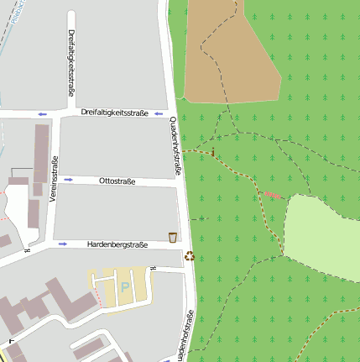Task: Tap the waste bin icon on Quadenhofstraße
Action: (x=173, y=237)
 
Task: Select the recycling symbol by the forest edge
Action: (x=190, y=256)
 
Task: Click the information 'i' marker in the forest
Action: (x=212, y=152)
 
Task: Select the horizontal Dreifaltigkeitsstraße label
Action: (x=115, y=112)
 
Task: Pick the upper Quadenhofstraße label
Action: (x=176, y=146)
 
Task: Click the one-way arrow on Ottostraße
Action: (x=67, y=179)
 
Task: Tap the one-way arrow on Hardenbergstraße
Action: (x=63, y=244)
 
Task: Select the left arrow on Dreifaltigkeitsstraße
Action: (x=42, y=113)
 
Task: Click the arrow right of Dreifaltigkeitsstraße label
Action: (x=159, y=113)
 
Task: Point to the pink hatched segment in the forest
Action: (x=272, y=195)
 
